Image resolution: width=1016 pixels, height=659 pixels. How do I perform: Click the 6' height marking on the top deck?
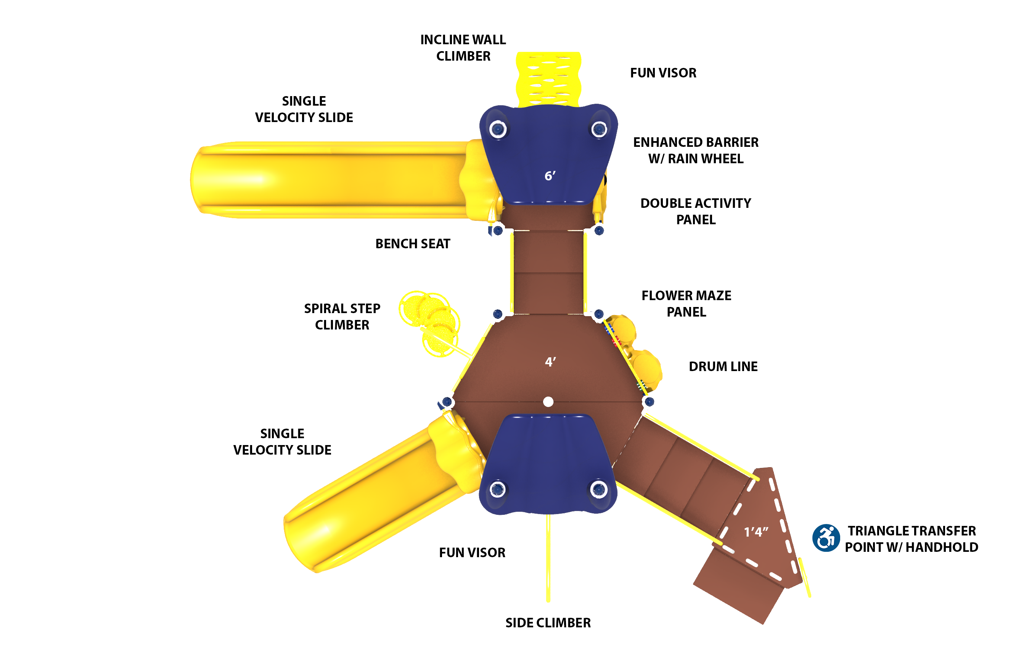pos(550,176)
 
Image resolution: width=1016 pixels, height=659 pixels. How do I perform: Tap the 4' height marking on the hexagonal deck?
pos(550,362)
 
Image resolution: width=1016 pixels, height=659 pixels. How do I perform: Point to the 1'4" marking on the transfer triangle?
pos(756,532)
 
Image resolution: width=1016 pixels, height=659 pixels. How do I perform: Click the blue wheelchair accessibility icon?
pos(826,538)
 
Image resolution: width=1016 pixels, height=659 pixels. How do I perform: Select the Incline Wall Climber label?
pos(463,48)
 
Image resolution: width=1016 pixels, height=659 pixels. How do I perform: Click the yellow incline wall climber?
pos(548,79)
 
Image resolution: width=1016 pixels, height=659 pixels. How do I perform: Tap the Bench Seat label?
pos(413,244)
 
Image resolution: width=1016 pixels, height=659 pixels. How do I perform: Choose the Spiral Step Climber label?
pos(342,317)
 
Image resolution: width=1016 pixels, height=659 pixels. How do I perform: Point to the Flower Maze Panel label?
pos(686,304)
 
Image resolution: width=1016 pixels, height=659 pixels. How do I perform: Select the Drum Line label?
pos(723,366)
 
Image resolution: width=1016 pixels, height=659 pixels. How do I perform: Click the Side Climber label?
pos(548,623)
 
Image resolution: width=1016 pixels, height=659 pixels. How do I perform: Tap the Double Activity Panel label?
pos(696,211)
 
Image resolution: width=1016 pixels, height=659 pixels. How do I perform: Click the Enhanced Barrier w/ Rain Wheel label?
pos(696,150)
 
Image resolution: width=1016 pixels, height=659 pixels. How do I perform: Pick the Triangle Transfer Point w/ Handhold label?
pos(912,538)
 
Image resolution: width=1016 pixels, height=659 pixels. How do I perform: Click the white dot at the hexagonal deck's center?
pos(548,402)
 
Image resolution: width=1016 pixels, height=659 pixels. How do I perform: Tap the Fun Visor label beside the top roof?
pos(663,73)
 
